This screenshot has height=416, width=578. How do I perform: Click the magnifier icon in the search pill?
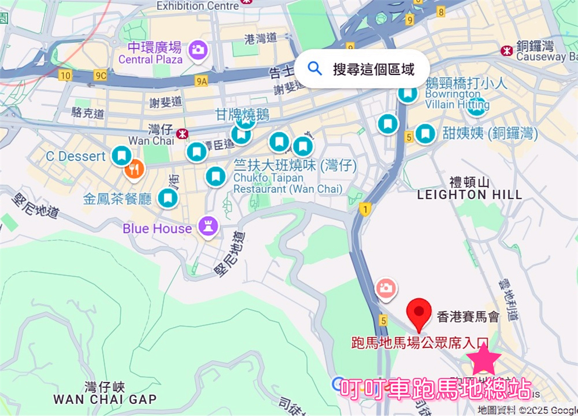pos(315,69)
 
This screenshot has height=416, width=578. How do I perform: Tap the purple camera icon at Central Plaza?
pos(198,49)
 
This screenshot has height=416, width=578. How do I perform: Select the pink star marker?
pos(484,360)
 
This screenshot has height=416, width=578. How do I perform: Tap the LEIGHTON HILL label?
pos(469,194)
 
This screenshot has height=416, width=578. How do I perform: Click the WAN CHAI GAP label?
pos(105,399)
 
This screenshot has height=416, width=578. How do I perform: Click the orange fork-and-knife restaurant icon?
pos(134,168)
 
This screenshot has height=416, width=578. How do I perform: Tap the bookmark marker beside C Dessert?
pos(121,155)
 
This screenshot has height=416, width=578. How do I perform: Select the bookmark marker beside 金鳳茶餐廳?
pos(168,198)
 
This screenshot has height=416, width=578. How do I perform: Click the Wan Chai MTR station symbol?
pos(183,134)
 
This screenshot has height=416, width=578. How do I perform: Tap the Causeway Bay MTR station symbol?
pos(507,50)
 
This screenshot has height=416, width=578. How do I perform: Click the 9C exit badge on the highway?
pos(101,75)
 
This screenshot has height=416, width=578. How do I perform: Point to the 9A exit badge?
pos(201,81)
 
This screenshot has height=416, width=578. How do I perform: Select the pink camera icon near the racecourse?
pos(385,287)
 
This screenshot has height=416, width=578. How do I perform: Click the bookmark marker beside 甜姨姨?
pos(426,133)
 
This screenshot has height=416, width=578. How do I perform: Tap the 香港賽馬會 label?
pos(468,316)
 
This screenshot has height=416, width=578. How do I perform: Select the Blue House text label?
pos(157,229)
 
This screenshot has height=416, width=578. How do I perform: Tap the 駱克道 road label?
pos(87,113)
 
